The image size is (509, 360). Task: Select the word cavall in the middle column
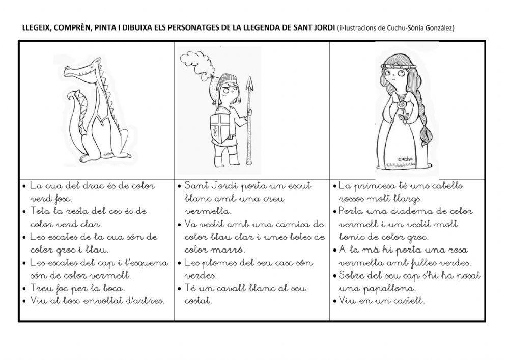(224, 288)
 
